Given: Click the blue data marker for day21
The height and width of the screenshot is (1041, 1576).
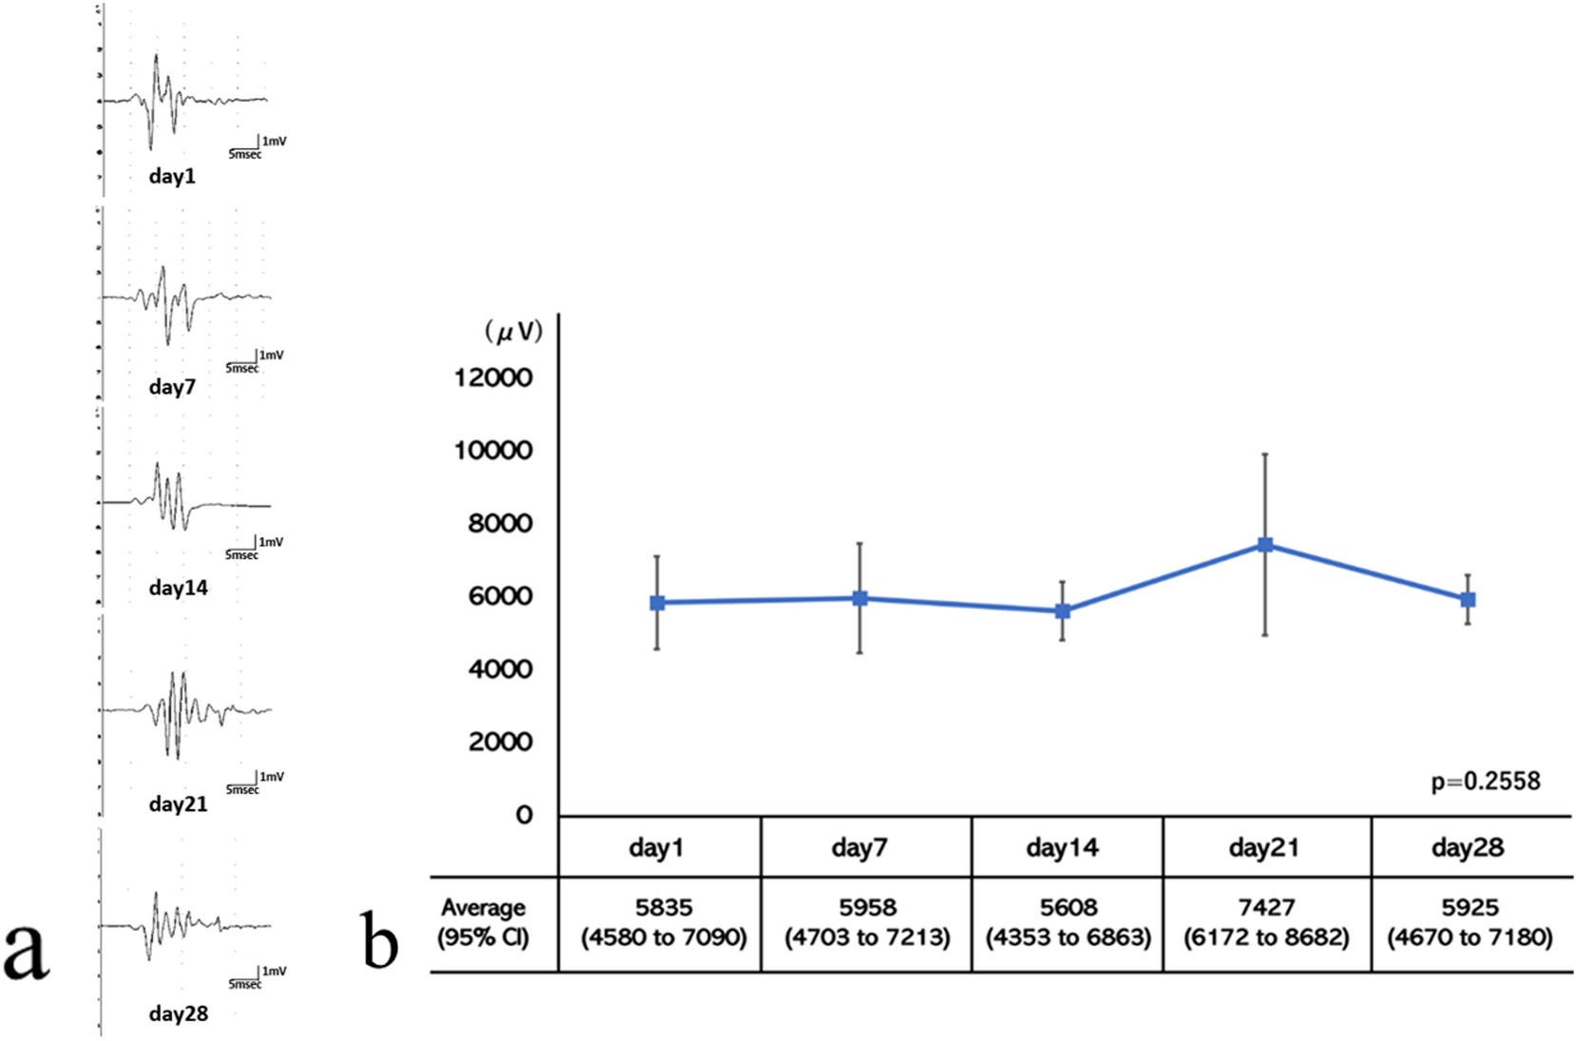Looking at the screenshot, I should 1265,545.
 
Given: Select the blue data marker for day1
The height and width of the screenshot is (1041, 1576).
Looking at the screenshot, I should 657,603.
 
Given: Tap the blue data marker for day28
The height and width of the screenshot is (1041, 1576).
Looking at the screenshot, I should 1468,600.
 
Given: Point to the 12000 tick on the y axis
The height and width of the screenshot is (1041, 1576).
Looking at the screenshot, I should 493,377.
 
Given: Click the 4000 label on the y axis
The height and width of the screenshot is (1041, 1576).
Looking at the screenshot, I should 500,669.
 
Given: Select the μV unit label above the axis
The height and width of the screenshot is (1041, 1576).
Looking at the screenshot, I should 513,331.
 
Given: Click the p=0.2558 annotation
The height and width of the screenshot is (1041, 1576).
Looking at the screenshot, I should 1485,781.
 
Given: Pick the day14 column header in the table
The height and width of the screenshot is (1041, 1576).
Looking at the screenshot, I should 1062,847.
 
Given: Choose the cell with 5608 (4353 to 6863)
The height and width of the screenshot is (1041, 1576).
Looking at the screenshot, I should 1067,922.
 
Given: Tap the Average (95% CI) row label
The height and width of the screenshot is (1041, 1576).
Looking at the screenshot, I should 483,922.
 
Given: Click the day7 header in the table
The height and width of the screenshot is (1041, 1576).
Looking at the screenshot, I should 859,847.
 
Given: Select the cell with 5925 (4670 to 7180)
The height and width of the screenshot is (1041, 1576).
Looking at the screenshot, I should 1470,922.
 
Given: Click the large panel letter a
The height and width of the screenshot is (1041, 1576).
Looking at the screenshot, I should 26,950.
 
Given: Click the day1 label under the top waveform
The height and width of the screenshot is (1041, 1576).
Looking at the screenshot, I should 172,176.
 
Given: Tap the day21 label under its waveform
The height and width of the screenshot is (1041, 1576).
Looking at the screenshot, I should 178,804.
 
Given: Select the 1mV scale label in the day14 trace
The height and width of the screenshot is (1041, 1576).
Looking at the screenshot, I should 271,542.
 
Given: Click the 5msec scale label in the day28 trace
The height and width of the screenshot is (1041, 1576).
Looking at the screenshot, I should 244,985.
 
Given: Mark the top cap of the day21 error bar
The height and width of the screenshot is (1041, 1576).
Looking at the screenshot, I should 1265,454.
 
